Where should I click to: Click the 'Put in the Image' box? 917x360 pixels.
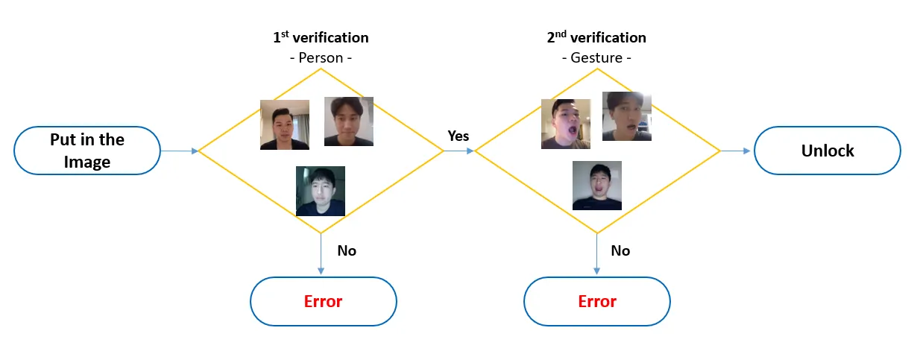coord(87,151)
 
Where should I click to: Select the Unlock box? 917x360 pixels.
coord(828,151)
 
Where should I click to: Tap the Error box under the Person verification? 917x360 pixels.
coord(323,301)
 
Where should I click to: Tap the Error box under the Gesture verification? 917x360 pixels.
coord(597,301)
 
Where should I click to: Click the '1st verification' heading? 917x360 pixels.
coord(321,37)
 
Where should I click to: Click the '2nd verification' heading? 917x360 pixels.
coord(596,37)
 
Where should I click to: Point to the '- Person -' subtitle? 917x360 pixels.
coord(321,57)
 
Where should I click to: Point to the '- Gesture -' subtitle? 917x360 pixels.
coord(596,57)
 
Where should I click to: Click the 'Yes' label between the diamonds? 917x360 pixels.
coord(458,136)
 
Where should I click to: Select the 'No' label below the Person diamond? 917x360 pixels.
coord(347,250)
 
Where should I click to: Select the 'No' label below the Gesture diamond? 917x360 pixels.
coord(620,250)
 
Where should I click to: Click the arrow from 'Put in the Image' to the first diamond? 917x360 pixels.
coord(180,151)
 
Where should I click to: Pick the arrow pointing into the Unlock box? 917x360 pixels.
coord(737,151)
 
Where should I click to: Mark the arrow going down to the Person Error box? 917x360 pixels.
coord(321,253)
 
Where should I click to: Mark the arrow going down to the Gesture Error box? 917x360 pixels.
coord(596,253)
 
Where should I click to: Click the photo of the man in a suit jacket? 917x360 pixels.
coord(285,125)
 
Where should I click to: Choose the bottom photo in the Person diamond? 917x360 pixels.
coord(321,191)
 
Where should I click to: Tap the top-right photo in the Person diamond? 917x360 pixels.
coord(349,121)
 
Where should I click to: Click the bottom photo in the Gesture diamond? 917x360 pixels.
coord(596,185)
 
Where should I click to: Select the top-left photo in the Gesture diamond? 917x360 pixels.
coord(566,124)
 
